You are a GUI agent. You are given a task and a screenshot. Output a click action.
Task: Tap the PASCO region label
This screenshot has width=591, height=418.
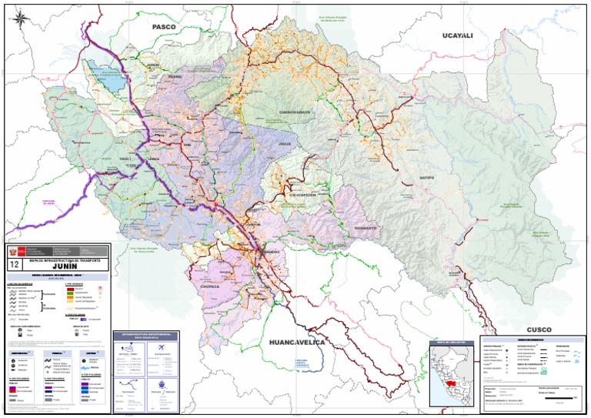click(164, 27)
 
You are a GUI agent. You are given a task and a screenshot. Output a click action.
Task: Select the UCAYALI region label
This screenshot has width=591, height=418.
click(457, 35)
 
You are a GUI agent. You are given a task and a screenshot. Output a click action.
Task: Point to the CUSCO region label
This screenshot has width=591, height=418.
click(539, 329)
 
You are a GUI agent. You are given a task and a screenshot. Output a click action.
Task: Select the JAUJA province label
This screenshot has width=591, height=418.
click(286, 144)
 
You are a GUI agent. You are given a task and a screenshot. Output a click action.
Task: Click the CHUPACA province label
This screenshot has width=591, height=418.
click(210, 286)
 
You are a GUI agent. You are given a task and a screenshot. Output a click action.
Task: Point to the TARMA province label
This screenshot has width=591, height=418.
click(175, 77)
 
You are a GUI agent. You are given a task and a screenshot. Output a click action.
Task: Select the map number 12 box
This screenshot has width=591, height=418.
click(13, 264)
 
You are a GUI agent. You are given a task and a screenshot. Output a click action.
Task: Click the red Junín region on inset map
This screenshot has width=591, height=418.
click(449, 380)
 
